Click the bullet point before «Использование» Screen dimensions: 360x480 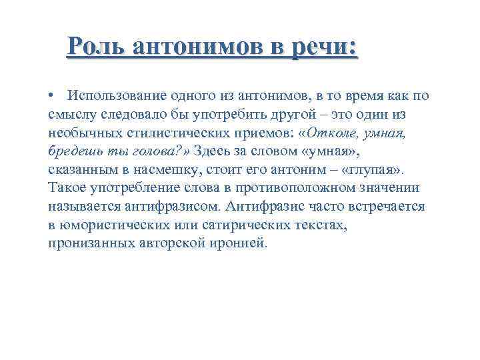coord(51,96)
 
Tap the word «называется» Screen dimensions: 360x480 coord(81,207)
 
